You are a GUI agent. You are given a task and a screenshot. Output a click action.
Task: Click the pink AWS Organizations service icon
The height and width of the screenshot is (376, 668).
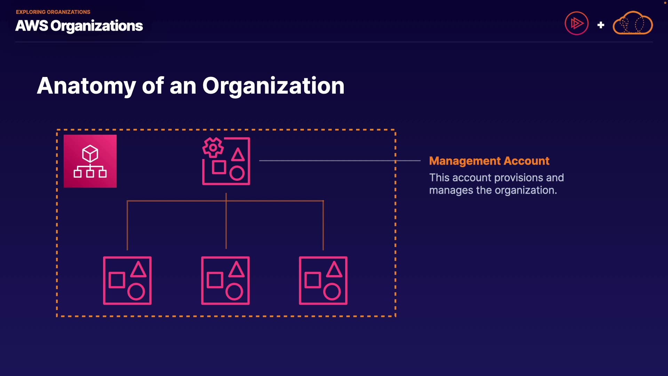click(90, 161)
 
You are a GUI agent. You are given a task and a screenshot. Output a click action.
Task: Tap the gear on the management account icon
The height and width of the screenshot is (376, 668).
click(213, 147)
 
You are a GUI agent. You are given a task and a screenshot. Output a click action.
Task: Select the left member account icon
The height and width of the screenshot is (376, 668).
click(127, 281)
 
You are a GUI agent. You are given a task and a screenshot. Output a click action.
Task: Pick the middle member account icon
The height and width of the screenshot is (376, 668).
click(225, 281)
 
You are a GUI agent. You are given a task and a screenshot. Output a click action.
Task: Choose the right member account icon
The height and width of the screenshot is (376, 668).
click(323, 281)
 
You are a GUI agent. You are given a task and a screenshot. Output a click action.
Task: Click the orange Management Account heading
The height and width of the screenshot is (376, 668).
click(489, 161)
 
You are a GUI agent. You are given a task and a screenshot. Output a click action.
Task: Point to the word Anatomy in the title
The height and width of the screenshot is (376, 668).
click(86, 86)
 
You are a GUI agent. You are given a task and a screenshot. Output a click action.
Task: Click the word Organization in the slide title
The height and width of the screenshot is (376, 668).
click(273, 86)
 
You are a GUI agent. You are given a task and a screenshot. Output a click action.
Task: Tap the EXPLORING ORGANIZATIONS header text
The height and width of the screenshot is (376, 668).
click(53, 12)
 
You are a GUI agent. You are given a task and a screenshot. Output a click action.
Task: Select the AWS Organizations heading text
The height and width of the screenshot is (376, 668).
click(79, 26)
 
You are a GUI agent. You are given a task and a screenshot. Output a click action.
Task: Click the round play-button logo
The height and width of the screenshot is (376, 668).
click(576, 23)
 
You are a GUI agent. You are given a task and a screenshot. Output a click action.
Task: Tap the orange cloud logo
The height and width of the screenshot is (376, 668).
click(633, 23)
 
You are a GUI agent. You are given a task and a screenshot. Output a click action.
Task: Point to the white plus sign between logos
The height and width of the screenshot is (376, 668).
click(601, 25)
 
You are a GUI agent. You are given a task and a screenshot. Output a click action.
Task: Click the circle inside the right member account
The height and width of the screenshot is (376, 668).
click(332, 292)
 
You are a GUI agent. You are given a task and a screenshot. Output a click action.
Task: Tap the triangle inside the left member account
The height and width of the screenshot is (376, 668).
click(138, 270)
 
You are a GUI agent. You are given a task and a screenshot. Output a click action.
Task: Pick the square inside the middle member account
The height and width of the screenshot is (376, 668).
click(215, 280)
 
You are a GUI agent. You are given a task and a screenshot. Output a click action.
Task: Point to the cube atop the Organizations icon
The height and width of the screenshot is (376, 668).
click(90, 153)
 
